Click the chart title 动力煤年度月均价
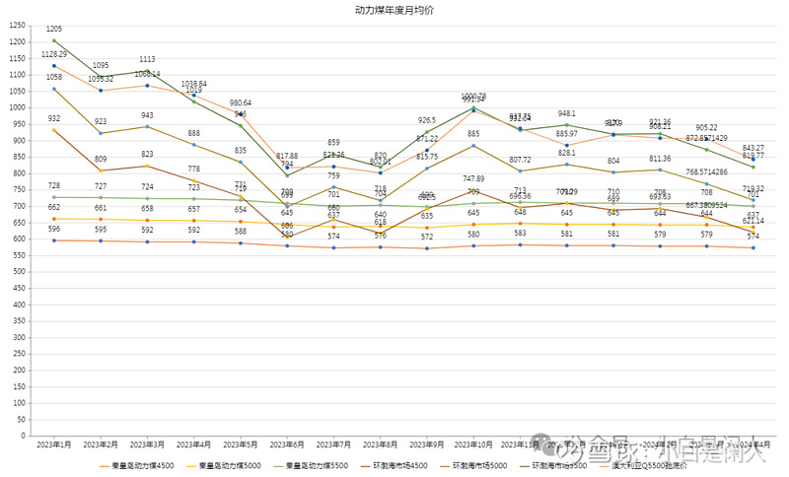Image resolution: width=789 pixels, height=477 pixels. pos(394,10)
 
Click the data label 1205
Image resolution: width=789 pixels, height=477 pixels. pos(54,30)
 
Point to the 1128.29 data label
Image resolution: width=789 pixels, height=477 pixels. pos(54,54)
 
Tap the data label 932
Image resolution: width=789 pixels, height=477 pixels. pos(54,118)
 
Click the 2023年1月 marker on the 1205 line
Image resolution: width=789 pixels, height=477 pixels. pos(54,40)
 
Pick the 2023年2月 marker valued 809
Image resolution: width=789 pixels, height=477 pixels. pos(101,170)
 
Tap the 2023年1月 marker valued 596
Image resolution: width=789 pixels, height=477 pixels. pos(54,240)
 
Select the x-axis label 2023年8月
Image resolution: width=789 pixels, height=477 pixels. pos(381,446)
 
